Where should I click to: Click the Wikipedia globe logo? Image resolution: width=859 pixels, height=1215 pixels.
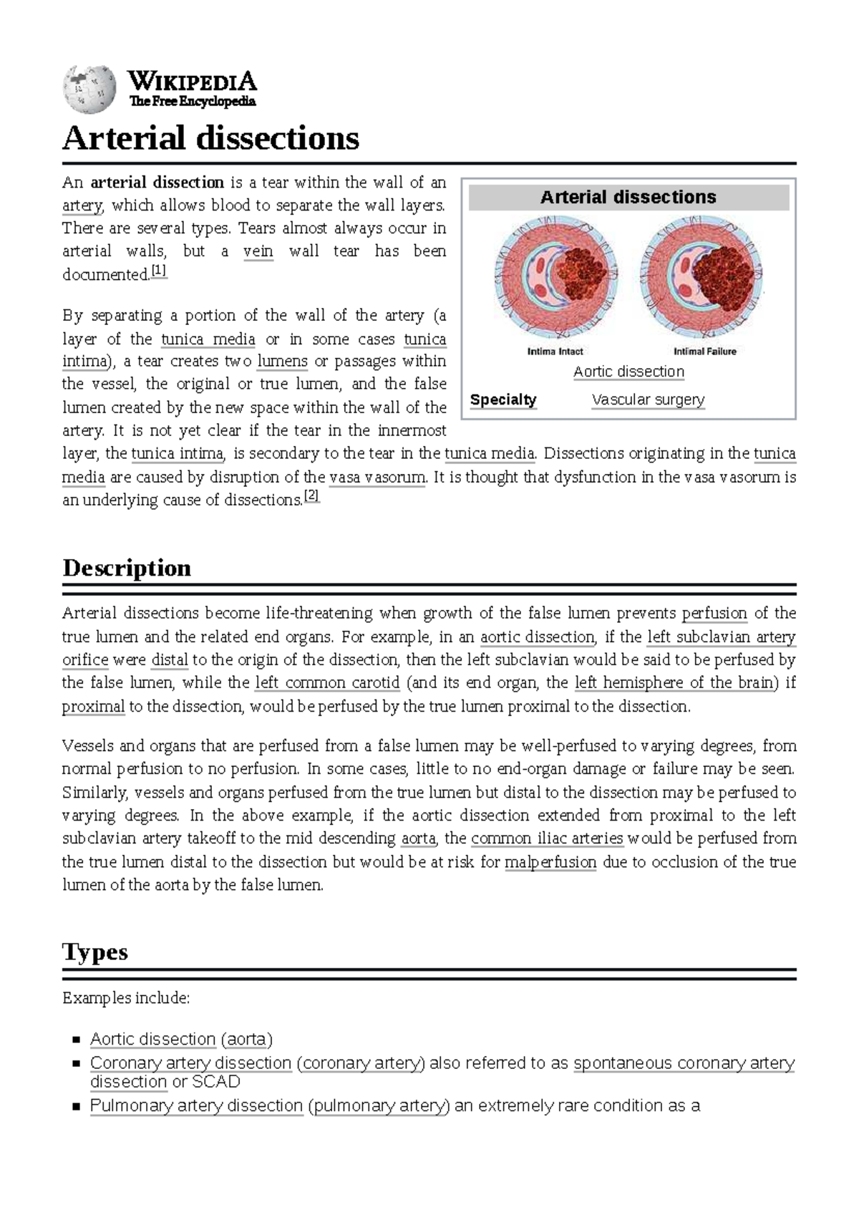click(x=89, y=89)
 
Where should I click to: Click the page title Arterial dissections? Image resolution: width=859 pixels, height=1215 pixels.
click(x=210, y=138)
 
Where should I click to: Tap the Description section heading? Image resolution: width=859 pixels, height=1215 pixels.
click(x=127, y=568)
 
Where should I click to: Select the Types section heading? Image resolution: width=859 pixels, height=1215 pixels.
click(x=95, y=952)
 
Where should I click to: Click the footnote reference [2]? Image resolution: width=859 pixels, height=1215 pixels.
click(x=311, y=495)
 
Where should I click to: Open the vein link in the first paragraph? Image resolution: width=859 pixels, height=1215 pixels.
click(x=258, y=251)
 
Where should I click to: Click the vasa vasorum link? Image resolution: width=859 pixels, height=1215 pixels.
click(x=377, y=477)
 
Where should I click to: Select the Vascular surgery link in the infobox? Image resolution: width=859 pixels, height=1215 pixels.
click(x=648, y=400)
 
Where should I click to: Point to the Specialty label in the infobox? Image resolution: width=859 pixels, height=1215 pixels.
click(x=503, y=400)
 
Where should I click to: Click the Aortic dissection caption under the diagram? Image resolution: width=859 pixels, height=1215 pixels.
click(x=629, y=372)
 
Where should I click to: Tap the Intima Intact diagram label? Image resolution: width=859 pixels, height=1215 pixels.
click(x=555, y=352)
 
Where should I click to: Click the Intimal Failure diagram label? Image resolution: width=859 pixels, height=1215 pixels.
click(x=704, y=352)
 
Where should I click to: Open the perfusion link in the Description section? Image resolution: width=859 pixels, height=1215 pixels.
click(x=714, y=614)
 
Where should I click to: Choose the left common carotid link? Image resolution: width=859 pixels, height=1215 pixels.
click(x=327, y=683)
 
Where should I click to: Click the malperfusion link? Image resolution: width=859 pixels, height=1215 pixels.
click(x=550, y=862)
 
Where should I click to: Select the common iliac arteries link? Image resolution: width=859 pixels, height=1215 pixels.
click(x=547, y=838)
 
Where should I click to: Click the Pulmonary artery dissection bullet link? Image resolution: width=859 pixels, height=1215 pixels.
click(x=196, y=1105)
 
